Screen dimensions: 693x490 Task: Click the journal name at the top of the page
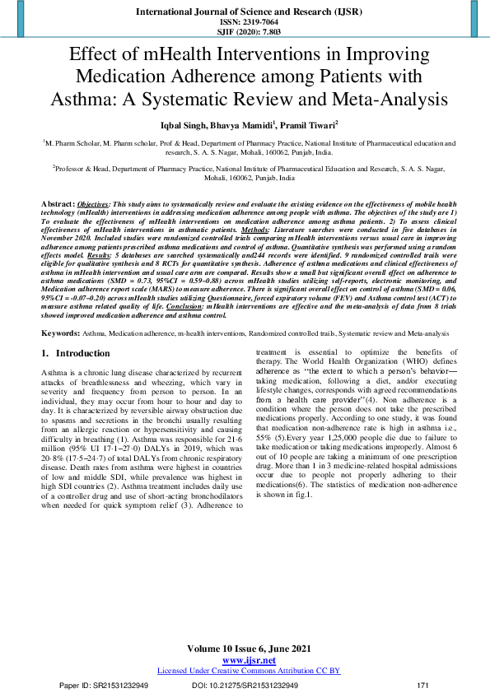tap(245, 12)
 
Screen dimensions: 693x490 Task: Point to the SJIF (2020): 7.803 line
tap(245, 32)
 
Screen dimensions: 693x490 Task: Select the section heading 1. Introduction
tap(75, 353)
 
